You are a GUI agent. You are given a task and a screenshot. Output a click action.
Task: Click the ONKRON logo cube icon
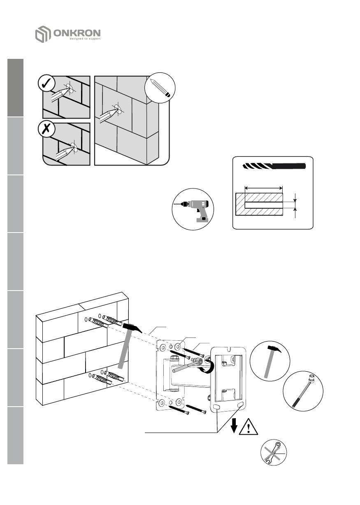click(42, 35)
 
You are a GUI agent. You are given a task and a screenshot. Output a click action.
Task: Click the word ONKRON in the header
click(77, 33)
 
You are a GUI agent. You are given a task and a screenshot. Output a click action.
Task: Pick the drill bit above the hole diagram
click(274, 166)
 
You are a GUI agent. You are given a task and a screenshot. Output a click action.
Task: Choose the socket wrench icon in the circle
click(304, 390)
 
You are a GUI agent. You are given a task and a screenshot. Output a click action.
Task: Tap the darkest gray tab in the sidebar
click(15, 88)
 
